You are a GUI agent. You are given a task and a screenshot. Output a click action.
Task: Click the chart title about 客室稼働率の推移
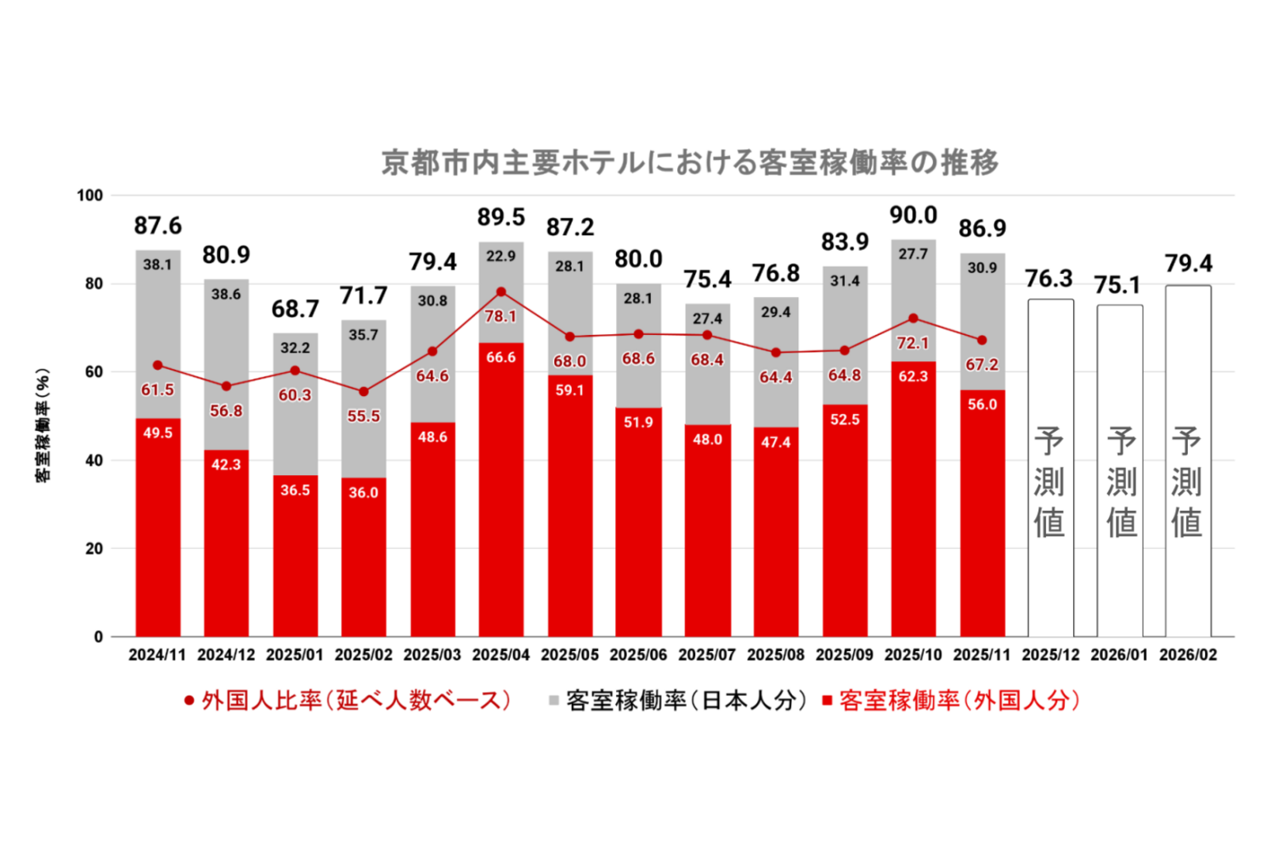coord(689,162)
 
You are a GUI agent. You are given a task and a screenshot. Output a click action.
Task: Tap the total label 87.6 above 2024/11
coord(158,226)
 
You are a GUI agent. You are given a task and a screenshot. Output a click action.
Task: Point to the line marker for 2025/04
coord(500,292)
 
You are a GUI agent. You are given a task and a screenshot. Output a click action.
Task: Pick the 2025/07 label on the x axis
coord(706,655)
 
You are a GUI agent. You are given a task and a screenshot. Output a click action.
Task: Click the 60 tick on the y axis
coord(93,371)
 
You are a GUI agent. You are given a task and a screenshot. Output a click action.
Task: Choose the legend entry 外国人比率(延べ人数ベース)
coord(348,700)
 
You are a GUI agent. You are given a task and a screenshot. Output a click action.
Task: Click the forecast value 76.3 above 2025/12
coord(1048,279)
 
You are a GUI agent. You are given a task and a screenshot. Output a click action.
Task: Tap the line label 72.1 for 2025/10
coord(913,343)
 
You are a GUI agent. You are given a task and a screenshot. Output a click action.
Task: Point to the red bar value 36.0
coord(363,493)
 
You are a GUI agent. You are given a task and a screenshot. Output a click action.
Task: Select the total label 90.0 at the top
coord(913,215)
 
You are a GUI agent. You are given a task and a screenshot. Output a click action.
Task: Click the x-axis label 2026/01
coord(1119,655)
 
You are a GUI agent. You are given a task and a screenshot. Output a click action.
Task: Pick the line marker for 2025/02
coord(363,392)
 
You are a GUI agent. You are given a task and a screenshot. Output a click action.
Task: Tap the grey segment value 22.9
coord(500,256)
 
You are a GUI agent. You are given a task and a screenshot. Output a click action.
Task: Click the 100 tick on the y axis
coord(89,195)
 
